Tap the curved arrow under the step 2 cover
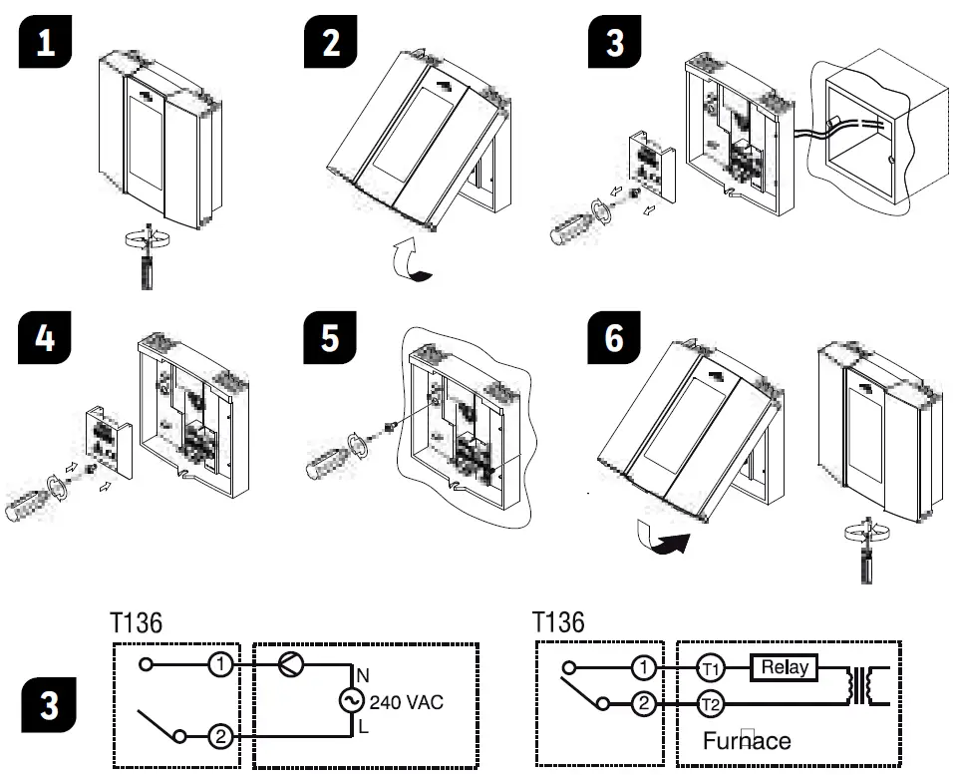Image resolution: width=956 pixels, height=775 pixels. pos(412,261)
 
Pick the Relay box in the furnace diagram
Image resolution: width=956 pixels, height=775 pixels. pos(784,667)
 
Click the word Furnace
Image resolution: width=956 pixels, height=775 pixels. pos(747,740)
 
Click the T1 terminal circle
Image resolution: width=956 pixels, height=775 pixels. pos(710,667)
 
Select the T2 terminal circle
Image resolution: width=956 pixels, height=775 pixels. pos(710,705)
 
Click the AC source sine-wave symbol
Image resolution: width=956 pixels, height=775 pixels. pos(351,702)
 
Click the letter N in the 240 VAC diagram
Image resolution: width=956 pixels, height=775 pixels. pos(363,673)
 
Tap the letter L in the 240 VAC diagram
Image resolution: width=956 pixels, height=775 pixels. pos(363,728)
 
